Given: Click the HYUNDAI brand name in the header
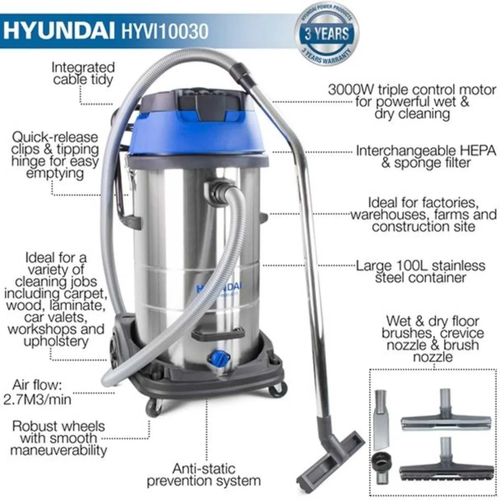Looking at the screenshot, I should click(58, 31).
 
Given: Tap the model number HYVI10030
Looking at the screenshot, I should click(164, 32).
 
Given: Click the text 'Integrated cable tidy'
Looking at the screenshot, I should click(83, 73).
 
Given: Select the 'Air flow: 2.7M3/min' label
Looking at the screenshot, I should click(37, 392).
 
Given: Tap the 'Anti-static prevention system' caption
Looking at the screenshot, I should click(204, 475).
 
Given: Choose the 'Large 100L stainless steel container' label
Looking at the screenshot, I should click(420, 271).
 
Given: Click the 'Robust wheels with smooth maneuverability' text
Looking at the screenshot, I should click(58, 438).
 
